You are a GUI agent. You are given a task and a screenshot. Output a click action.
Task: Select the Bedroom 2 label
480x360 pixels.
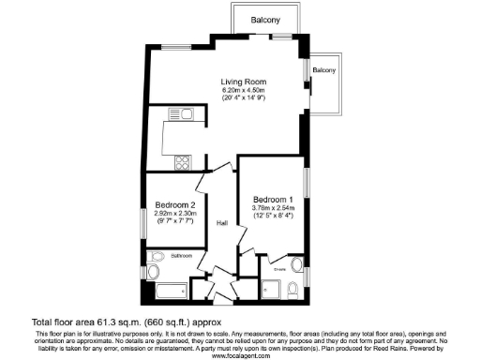coord(174,205)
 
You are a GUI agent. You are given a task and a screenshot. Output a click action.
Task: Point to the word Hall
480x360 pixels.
coord(223,223)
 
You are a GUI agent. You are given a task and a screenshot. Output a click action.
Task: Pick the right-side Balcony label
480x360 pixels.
coord(324,71)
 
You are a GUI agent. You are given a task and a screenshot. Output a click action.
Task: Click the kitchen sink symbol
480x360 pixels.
coord(179,115)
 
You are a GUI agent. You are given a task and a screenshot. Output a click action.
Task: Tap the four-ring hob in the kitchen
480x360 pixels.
coord(181,159)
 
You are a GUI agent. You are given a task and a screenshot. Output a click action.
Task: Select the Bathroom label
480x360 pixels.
coord(181,256)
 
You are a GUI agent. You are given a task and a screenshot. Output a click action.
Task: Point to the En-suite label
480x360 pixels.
coord(279,268)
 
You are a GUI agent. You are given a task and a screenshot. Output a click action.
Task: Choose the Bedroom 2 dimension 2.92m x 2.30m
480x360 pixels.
coord(174,214)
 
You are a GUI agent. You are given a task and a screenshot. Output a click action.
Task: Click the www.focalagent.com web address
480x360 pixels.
coord(240,355)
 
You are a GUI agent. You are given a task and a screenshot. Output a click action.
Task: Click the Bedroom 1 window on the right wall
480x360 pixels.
coord(306,184)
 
